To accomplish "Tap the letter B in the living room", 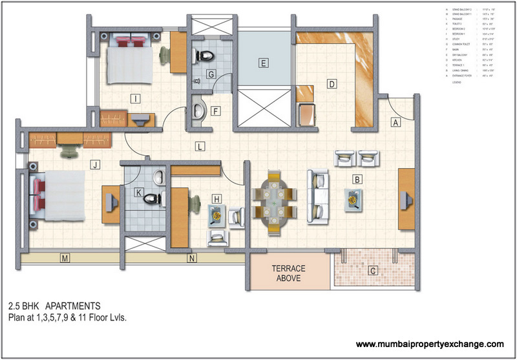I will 356,179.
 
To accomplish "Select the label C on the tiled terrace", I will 372,271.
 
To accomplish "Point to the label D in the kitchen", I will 331,83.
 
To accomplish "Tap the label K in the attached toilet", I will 138,193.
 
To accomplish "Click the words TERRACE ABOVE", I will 288,273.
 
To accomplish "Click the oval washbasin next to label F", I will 200,109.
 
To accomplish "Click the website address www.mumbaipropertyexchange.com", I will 430,344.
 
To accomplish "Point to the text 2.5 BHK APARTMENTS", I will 54,304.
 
